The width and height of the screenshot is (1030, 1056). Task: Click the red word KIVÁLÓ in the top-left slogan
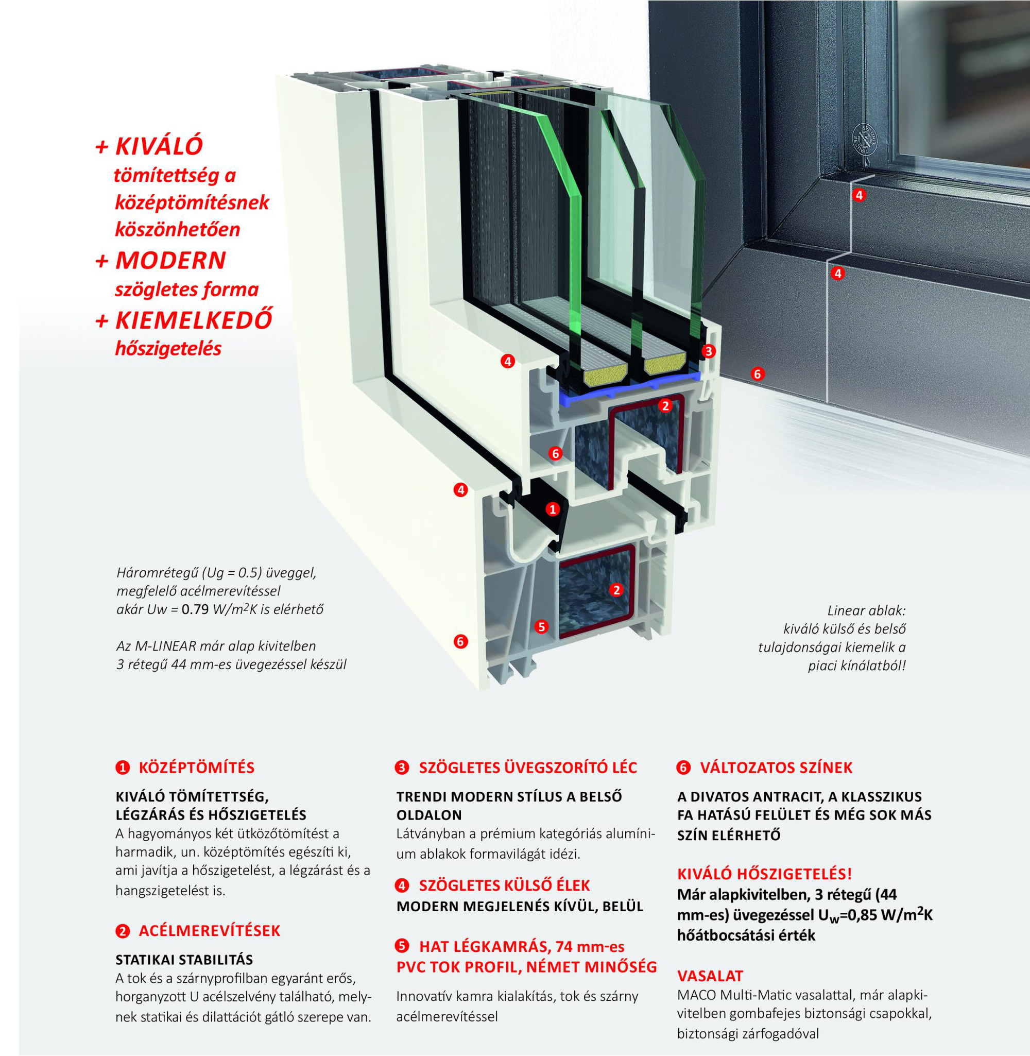(159, 147)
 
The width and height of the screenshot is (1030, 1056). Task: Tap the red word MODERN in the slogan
(170, 261)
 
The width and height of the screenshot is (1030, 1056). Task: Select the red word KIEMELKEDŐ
(194, 320)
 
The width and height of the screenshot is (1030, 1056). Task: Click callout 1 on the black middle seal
(552, 509)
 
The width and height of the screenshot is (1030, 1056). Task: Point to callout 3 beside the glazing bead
(708, 351)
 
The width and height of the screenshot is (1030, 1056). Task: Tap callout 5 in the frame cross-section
(541, 626)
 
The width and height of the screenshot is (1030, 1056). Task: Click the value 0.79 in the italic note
(195, 610)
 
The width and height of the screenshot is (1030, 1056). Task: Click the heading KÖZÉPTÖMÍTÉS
(196, 768)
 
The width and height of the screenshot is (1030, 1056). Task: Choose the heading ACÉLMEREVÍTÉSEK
(210, 930)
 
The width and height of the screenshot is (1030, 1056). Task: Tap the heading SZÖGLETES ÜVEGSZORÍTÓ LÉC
(528, 768)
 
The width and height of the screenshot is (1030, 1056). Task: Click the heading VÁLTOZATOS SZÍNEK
(776, 768)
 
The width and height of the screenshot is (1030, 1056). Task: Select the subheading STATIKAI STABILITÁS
(184, 960)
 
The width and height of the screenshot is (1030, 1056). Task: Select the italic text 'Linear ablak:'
(866, 611)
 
